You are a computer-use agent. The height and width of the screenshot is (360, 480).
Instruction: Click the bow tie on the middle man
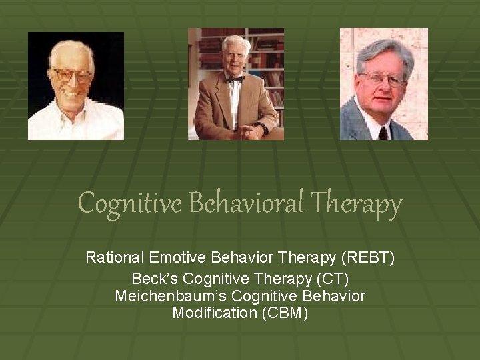235,79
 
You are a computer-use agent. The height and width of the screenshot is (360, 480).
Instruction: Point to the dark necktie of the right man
383,131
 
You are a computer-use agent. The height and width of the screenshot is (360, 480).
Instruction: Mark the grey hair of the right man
383,50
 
